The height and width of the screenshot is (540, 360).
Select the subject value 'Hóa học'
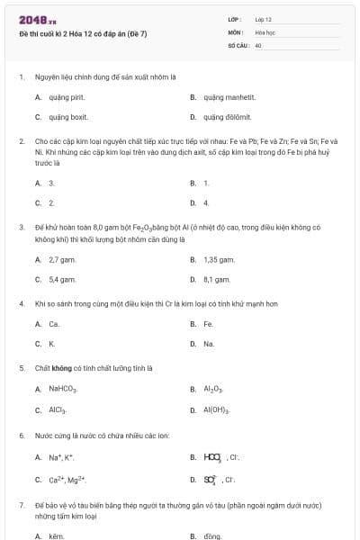(265, 31)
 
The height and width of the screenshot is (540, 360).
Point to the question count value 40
(258, 44)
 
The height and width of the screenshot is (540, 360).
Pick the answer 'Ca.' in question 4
(54, 324)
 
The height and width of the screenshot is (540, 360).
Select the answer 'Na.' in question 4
(209, 344)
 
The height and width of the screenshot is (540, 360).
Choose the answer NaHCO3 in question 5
(63, 390)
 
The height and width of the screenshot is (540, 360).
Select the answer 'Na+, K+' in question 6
(61, 457)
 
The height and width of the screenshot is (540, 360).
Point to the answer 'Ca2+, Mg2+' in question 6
(67, 479)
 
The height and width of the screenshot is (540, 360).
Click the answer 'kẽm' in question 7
(58, 535)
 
